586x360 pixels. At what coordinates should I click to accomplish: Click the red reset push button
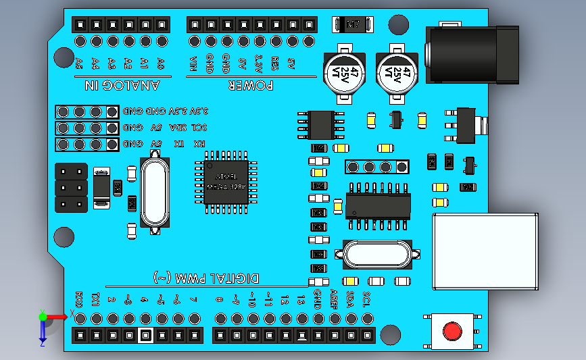[x=452, y=332]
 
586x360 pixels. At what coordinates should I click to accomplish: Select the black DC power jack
[x=473, y=54]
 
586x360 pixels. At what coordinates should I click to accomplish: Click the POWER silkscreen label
[x=250, y=85]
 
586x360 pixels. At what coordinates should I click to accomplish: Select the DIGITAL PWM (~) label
[x=206, y=278]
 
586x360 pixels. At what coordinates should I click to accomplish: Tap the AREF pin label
[x=333, y=299]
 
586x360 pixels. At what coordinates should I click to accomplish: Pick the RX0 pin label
[x=79, y=299]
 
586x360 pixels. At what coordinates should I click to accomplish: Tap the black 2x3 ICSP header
[x=71, y=187]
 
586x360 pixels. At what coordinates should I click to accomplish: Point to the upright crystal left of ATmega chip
[x=155, y=192]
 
